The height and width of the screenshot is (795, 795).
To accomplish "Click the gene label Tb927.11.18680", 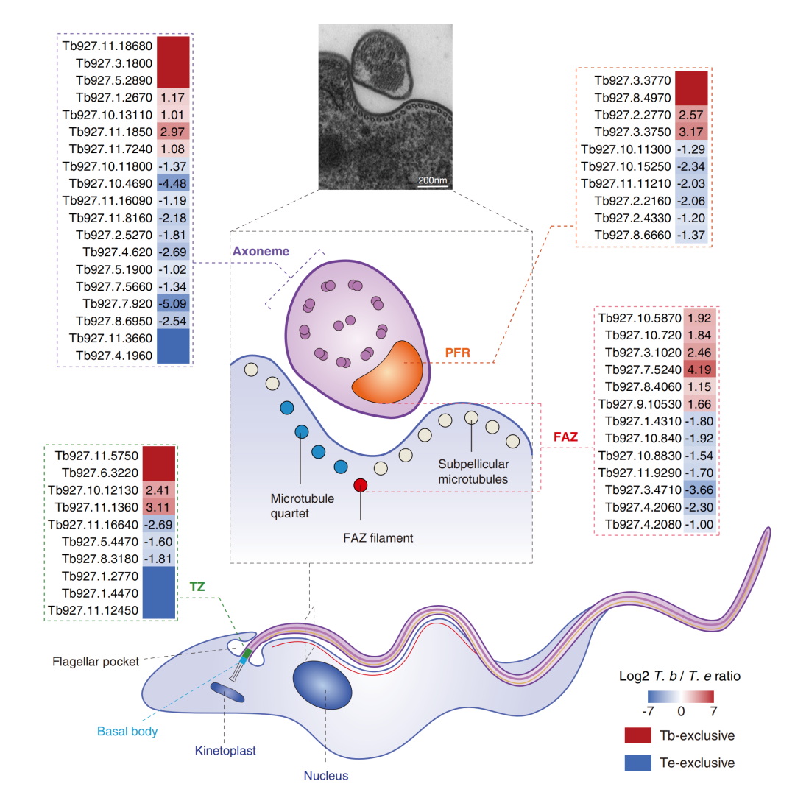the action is click(x=107, y=46).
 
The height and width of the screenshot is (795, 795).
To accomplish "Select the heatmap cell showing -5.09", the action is click(x=173, y=304).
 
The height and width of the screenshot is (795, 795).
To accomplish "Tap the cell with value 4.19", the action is click(x=700, y=370).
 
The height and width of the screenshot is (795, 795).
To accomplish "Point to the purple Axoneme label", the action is click(x=261, y=252).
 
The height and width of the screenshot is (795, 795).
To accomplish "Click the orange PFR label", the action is click(x=457, y=353).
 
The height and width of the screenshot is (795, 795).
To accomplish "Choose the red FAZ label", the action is click(x=565, y=437).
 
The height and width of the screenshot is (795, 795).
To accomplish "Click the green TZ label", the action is click(x=197, y=587).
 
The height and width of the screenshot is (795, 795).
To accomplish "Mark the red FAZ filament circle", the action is click(x=361, y=485).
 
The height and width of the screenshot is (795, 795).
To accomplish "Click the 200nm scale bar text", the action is click(x=433, y=180).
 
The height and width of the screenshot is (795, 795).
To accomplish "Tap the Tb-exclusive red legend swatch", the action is click(x=637, y=735).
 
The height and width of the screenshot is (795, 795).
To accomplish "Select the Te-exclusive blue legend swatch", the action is click(x=637, y=763).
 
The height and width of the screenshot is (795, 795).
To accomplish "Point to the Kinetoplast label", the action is click(x=226, y=751).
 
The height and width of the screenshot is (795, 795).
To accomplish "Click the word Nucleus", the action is click(x=326, y=776).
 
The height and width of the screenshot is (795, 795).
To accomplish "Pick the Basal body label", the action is click(x=127, y=732).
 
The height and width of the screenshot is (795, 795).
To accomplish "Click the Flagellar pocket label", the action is click(x=96, y=662).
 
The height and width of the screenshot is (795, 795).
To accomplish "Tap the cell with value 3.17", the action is click(x=691, y=132).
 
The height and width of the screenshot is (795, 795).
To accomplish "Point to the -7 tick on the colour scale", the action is click(x=648, y=711).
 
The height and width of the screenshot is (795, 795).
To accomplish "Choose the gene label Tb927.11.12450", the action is click(x=93, y=610).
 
